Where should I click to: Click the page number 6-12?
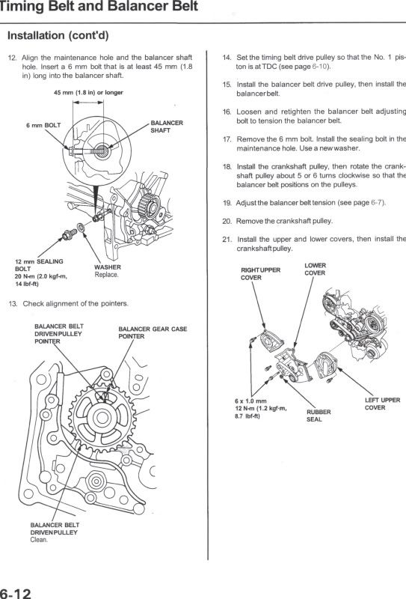(15, 593)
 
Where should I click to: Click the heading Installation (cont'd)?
(58, 35)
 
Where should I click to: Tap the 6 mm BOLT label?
(43, 125)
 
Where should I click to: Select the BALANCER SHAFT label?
(167, 127)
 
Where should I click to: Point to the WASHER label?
(107, 267)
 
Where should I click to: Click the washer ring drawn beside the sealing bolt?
(81, 228)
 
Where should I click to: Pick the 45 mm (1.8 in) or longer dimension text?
(88, 92)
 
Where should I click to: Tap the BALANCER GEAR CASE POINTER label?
(153, 332)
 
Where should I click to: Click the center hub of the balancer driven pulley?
(102, 417)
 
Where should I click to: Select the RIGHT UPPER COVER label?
(260, 273)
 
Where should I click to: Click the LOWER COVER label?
(315, 269)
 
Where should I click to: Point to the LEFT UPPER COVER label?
(382, 404)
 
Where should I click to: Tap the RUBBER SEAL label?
(319, 416)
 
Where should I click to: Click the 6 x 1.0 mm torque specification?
(261, 408)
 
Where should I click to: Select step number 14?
(227, 58)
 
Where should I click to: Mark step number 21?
(227, 240)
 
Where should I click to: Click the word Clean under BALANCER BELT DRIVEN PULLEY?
(39, 540)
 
